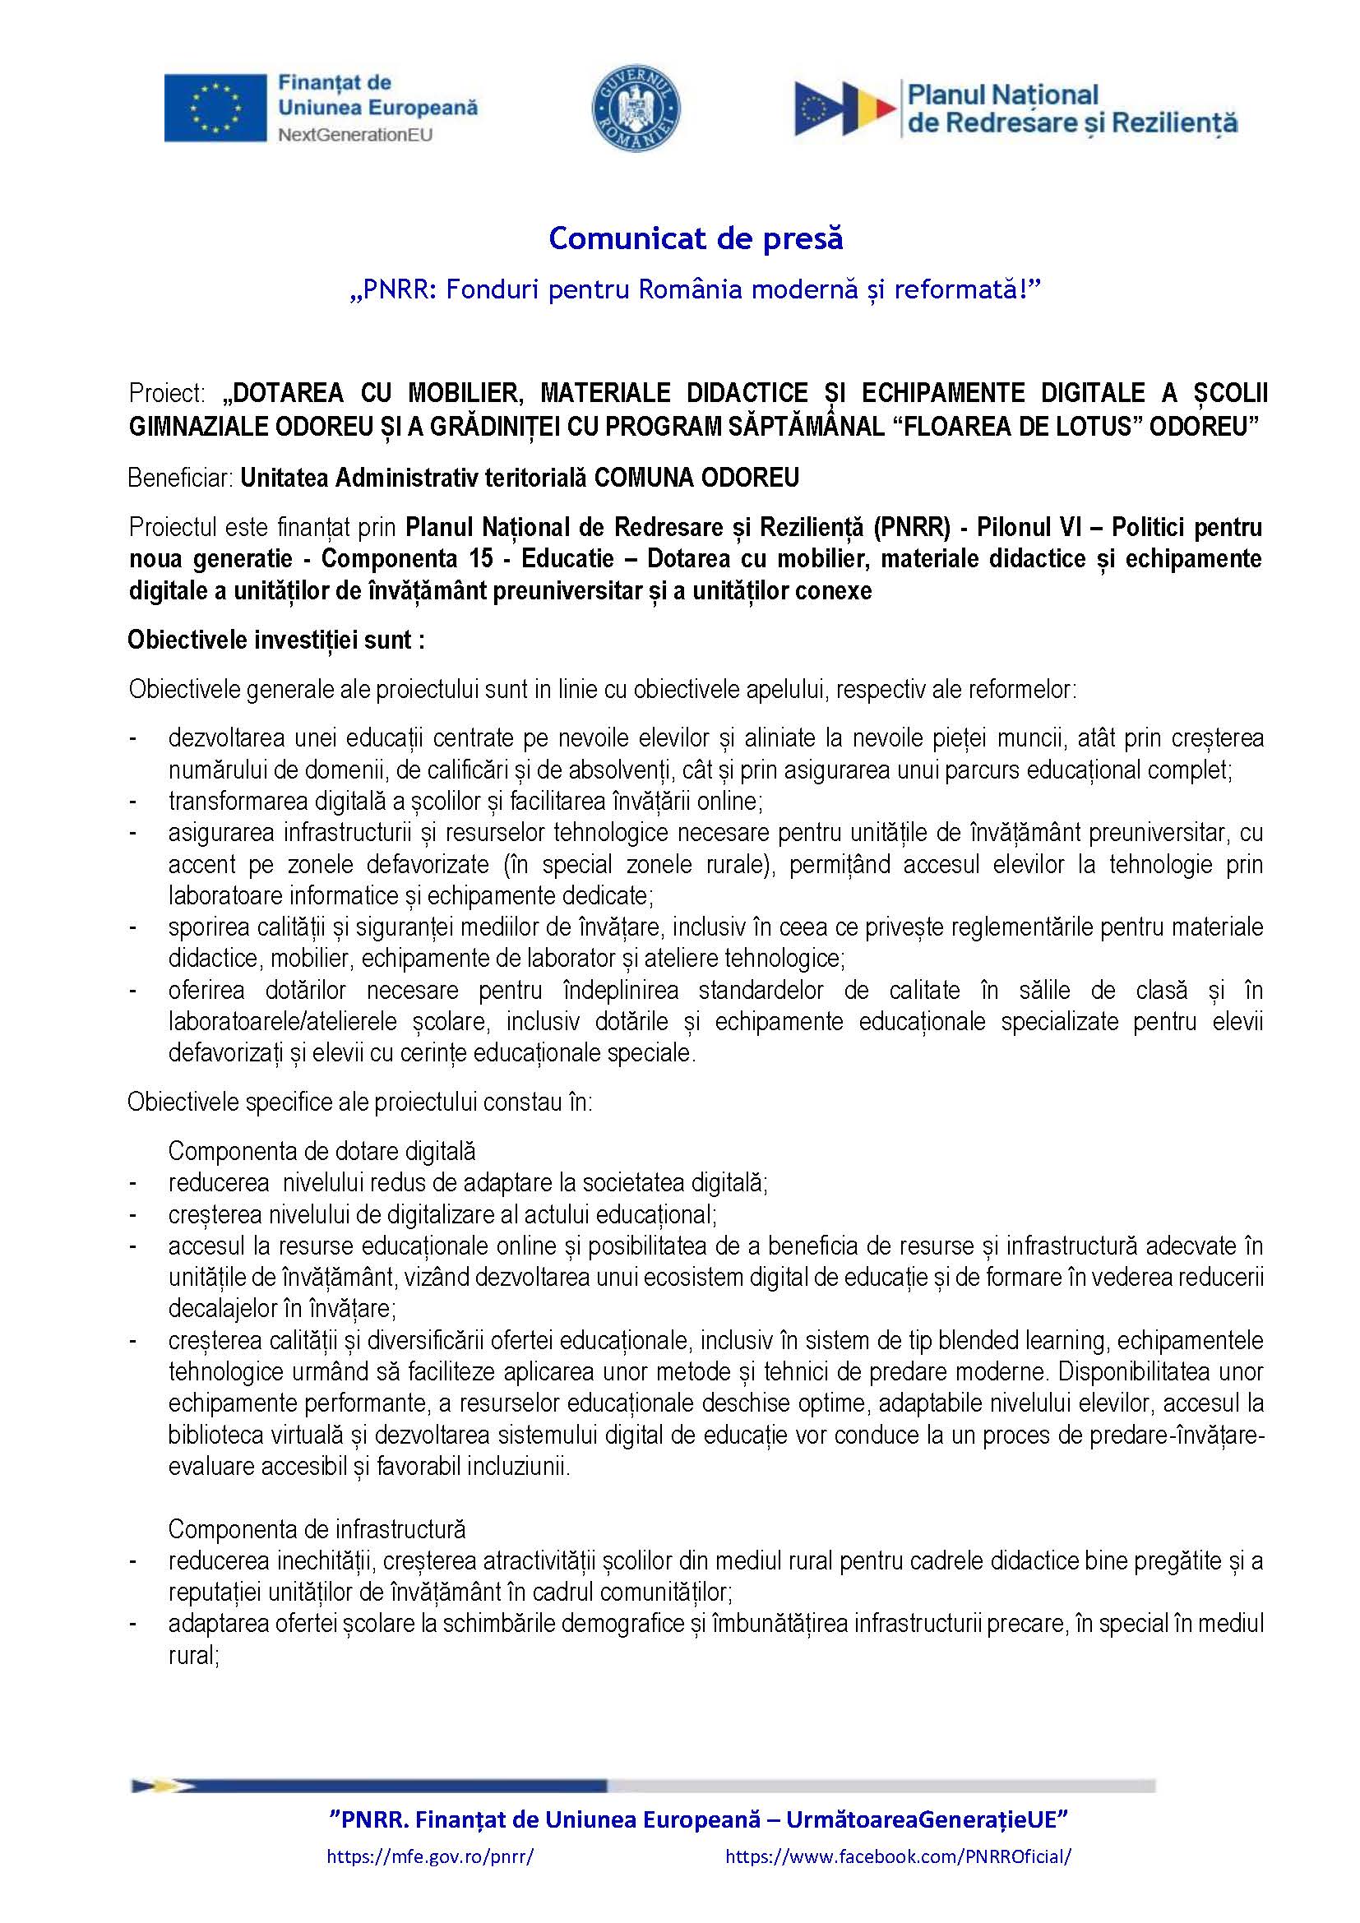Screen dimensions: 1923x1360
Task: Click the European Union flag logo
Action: click(x=215, y=108)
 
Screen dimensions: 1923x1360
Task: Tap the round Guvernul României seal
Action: click(x=636, y=109)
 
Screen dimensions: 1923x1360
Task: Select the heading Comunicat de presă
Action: click(x=695, y=238)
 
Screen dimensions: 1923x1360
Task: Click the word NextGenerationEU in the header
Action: click(x=355, y=135)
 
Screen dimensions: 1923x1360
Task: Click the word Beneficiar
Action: click(x=180, y=478)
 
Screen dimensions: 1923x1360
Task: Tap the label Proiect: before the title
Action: click(x=167, y=393)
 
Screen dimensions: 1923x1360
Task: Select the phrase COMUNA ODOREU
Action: click(x=696, y=478)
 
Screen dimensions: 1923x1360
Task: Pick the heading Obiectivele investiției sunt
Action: click(x=275, y=640)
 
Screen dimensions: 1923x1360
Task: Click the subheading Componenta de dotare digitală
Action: click(x=321, y=1151)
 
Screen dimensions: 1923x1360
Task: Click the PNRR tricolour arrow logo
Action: click(x=844, y=109)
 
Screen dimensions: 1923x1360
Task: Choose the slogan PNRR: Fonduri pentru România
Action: click(x=695, y=289)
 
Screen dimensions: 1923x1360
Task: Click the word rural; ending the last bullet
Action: click(x=193, y=1655)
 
